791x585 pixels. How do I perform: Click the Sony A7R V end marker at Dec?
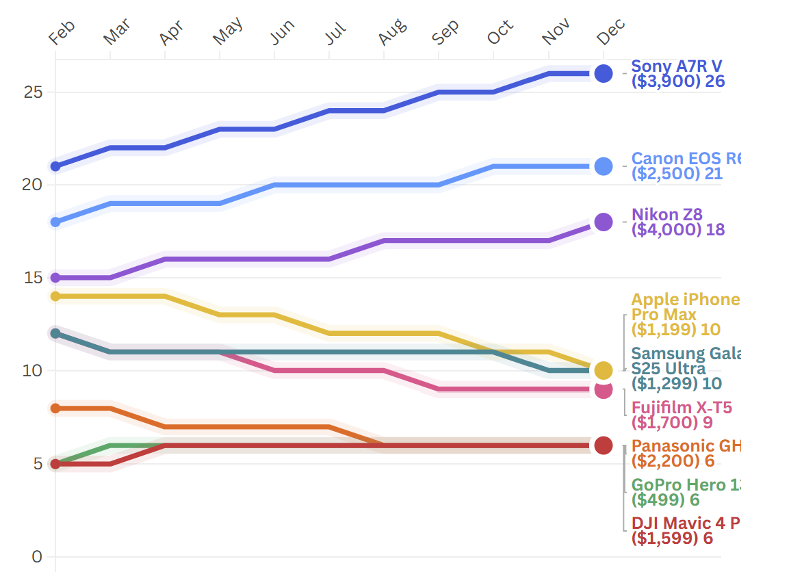603,73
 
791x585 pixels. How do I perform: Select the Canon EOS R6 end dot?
603,166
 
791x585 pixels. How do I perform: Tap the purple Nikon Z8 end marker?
603,222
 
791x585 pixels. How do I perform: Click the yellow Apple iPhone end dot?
603,370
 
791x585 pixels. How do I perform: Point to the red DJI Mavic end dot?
603,445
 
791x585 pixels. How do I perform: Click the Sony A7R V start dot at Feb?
55,166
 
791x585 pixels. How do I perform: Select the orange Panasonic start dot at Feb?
55,408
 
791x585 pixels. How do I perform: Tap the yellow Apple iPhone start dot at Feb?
55,296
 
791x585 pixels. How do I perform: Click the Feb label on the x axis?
62,32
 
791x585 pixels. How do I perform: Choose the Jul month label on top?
336,33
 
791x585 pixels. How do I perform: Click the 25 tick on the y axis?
33,92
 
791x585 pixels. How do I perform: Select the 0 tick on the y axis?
37,557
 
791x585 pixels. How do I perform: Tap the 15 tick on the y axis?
33,278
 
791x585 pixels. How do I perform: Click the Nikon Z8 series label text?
677,222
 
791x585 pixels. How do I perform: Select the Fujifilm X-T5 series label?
682,416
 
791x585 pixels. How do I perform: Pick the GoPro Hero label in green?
684,492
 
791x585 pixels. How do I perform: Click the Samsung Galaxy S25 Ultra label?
684,368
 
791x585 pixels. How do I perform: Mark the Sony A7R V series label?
677,73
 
